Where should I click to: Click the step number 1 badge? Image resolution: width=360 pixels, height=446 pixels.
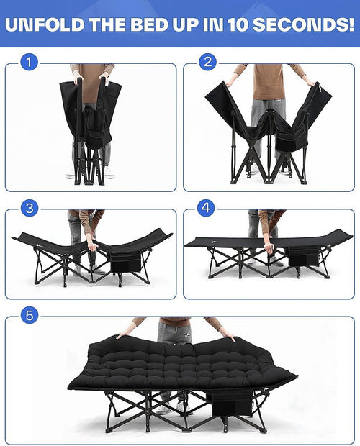[28, 62]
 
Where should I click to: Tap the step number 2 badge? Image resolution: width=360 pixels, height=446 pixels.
[207, 62]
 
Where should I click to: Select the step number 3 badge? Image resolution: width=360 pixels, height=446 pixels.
[28, 209]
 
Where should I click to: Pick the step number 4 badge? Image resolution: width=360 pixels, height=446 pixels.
[207, 209]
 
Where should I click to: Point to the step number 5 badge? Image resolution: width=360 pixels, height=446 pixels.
[28, 314]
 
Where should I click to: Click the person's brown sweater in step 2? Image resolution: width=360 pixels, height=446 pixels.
[269, 81]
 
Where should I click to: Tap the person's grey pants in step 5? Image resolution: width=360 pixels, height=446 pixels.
[173, 332]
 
